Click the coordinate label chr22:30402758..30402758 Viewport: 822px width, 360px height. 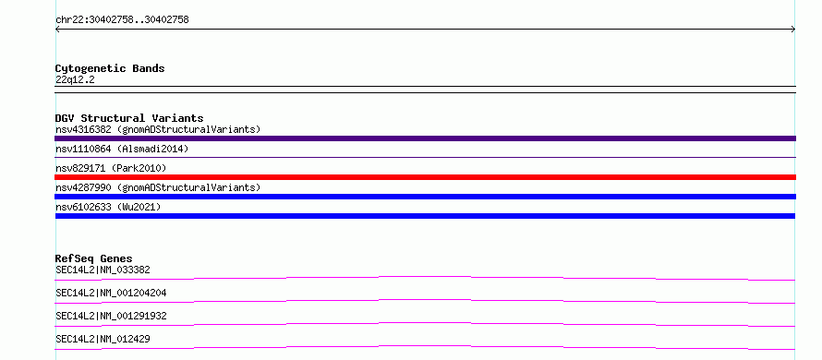coord(122,20)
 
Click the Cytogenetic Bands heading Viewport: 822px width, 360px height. coord(110,68)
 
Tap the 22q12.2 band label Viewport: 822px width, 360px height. coord(75,80)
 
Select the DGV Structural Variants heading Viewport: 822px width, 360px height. coord(129,118)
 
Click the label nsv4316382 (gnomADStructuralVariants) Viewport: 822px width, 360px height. coord(158,129)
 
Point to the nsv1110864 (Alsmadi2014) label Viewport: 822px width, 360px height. coord(122,150)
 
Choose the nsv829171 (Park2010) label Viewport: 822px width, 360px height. coord(111,168)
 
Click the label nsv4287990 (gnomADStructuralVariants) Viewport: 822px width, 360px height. coord(158,187)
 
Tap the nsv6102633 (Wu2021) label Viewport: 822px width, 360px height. coord(108,207)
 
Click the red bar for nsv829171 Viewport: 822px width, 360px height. coord(425,177)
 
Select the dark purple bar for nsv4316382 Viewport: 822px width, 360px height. coord(425,138)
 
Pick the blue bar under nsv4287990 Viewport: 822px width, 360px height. coord(425,197)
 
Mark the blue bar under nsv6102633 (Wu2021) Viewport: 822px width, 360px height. coord(425,216)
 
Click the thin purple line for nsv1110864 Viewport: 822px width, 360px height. coord(425,157)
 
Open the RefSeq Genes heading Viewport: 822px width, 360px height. coord(93,258)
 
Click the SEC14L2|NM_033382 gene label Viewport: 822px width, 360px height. coord(103,270)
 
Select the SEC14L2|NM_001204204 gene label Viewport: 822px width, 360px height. coord(111,294)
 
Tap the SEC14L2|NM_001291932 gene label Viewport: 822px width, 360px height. coord(111,317)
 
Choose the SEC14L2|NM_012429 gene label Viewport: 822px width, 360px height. coord(103,340)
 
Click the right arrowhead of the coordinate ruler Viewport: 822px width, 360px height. coord(793,30)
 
